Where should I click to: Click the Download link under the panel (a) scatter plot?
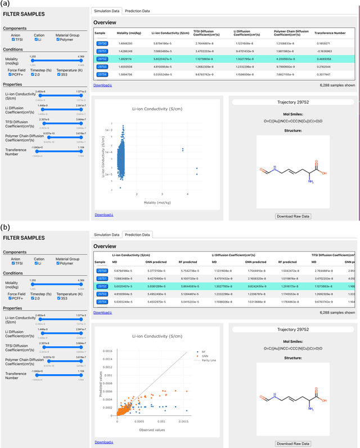point(103,214)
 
